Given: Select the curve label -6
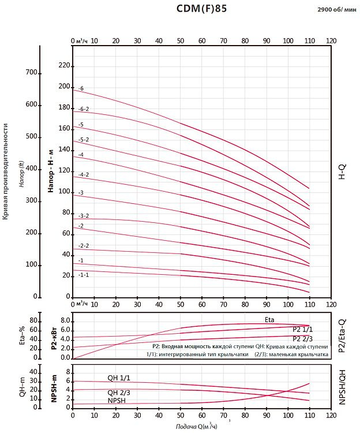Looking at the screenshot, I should (81, 88).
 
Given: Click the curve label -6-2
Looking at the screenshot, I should (84, 109).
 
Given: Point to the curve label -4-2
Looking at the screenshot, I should (84, 174).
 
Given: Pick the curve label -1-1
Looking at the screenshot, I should (84, 275).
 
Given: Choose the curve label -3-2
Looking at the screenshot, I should (84, 215).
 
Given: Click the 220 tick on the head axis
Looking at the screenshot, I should (64, 66).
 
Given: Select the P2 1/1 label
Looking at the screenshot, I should (302, 329).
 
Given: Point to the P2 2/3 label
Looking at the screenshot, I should (302, 339).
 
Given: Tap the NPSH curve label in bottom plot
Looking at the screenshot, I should (117, 400).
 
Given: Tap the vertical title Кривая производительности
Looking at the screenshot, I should (6, 171).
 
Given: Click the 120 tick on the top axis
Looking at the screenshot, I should (331, 41).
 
